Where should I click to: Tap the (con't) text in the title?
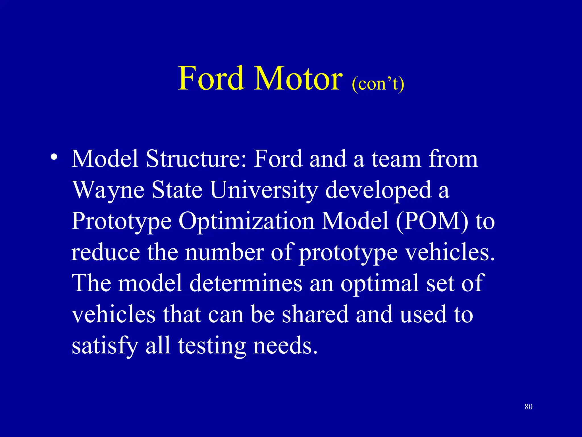(378, 84)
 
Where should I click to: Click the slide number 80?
(528, 407)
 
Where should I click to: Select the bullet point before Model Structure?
(54, 157)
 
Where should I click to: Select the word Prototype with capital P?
(121, 221)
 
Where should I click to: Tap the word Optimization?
(246, 221)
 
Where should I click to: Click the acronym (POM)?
(432, 221)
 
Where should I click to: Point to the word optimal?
(380, 284)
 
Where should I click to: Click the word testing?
(212, 346)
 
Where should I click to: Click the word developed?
(378, 190)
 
